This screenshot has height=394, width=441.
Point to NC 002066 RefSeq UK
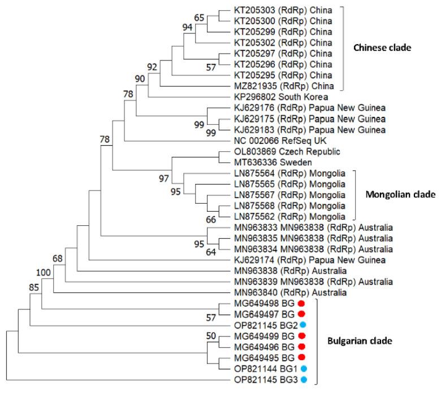274,140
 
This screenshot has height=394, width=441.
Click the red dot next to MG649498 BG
301,304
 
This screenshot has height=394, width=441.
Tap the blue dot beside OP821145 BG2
303,325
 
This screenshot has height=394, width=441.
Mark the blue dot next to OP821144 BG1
303,368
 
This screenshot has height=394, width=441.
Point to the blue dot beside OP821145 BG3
303,379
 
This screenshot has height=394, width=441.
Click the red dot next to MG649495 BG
301,357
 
